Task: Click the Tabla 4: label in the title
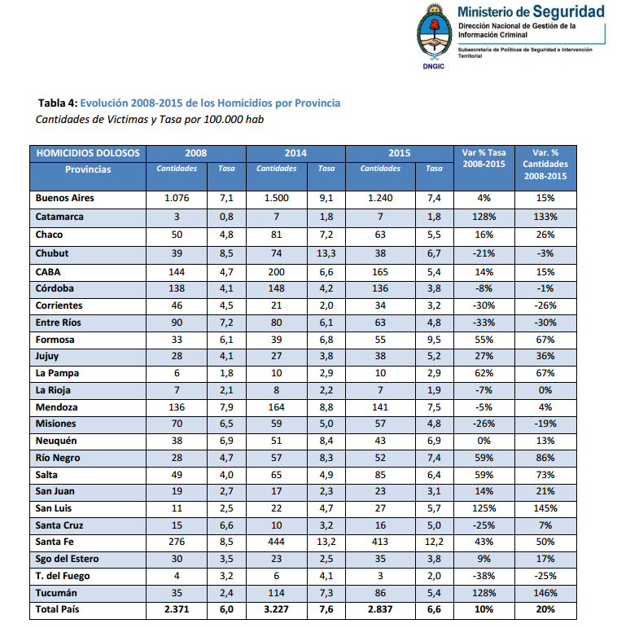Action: coord(58,103)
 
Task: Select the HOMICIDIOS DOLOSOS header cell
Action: coord(88,152)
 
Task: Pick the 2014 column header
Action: coord(295,152)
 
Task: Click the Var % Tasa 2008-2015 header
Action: coord(484,158)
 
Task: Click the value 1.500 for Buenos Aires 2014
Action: coord(277,198)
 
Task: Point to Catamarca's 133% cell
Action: coord(545,217)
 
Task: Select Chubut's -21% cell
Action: coord(484,253)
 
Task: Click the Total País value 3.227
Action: coord(277,609)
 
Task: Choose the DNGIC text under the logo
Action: coord(433,68)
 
